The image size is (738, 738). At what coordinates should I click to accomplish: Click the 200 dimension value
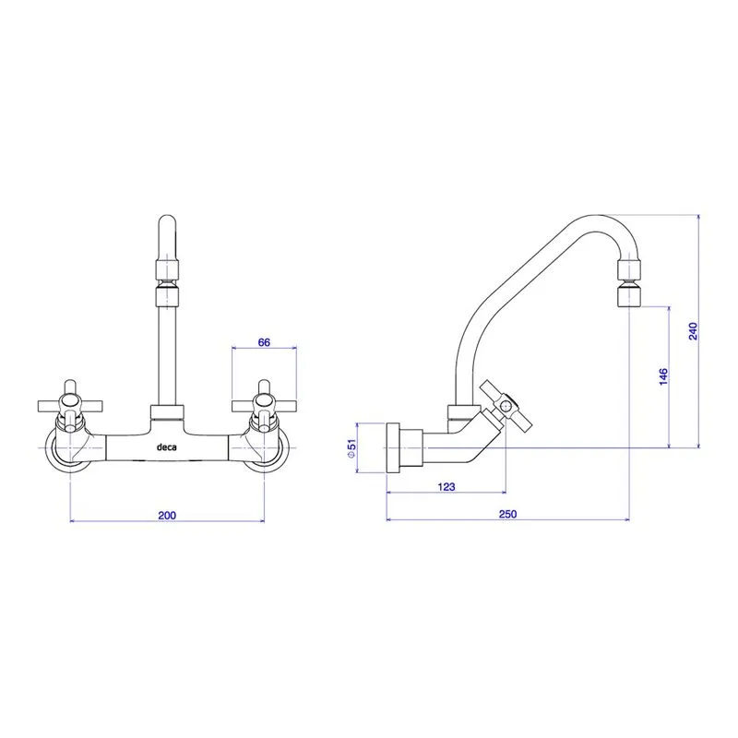click(x=167, y=515)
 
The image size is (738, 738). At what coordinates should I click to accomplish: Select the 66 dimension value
click(x=264, y=342)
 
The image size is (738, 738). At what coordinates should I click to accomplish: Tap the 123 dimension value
click(x=446, y=487)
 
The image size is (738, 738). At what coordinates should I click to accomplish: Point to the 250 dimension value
click(x=508, y=514)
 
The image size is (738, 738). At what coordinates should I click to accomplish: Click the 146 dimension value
click(x=663, y=377)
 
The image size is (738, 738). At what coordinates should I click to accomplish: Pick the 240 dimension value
click(x=693, y=331)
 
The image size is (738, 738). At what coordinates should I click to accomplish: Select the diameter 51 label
click(x=351, y=448)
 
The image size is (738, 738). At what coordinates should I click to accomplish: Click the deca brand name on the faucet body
click(x=167, y=446)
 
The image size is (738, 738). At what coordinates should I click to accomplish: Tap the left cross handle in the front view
click(x=70, y=405)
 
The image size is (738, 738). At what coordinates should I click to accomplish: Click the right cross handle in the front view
click(x=264, y=405)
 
